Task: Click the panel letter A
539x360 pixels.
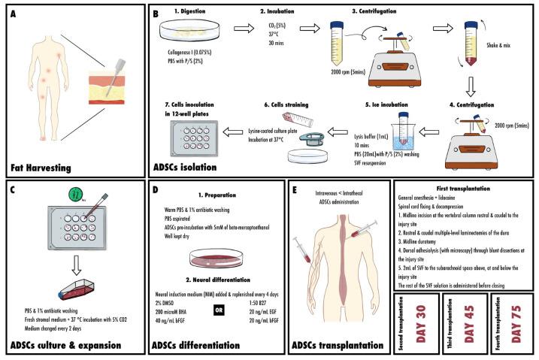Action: pyautogui.click(x=14, y=13)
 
